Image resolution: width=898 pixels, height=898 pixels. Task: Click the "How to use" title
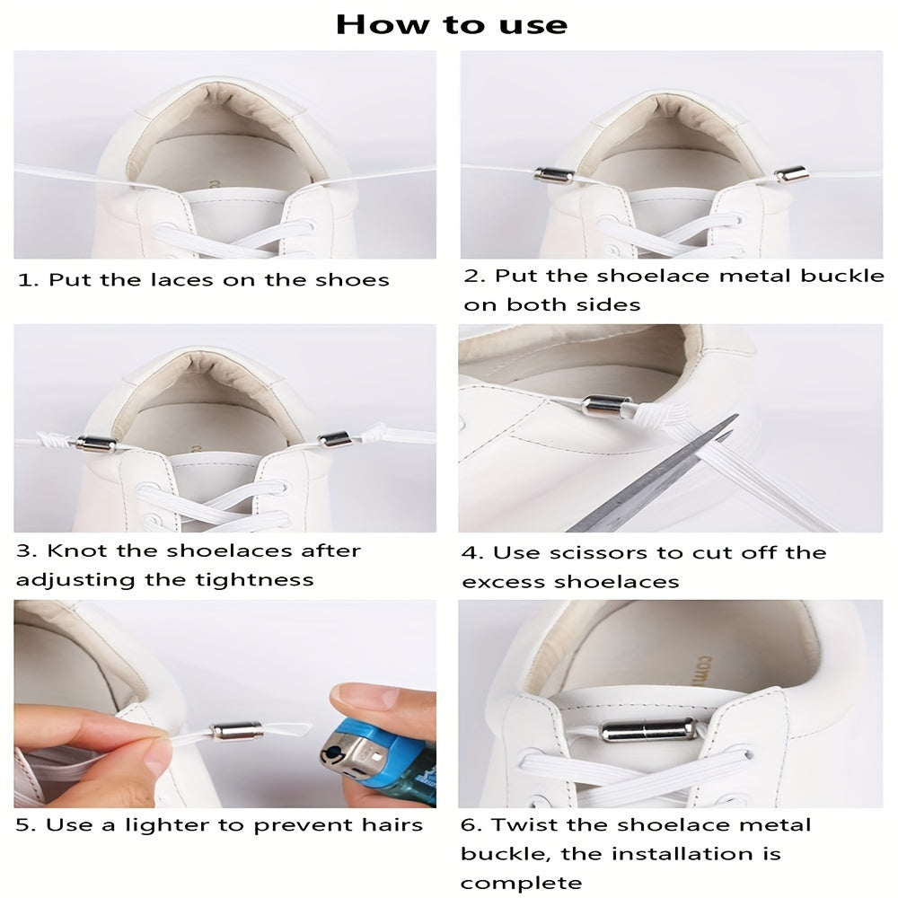click(452, 24)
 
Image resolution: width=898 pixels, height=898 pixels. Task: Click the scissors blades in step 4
click(653, 475)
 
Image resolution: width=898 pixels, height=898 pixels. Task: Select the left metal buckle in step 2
click(550, 175)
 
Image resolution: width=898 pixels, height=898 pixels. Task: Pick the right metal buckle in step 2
click(791, 172)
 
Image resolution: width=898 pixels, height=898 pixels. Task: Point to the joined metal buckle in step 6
click(647, 731)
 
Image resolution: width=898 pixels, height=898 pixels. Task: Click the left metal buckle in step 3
click(96, 443)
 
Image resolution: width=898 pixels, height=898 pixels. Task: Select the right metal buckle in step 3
click(334, 439)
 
